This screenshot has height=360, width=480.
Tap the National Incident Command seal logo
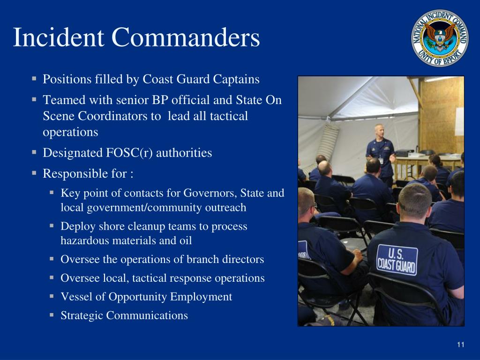tap(440, 38)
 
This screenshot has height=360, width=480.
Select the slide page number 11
tap(460, 345)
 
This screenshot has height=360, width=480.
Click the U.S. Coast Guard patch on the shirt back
tap(397, 259)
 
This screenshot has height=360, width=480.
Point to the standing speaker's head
tap(379, 131)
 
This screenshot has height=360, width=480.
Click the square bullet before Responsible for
tap(35, 173)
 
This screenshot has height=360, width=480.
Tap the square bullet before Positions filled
tap(35, 78)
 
